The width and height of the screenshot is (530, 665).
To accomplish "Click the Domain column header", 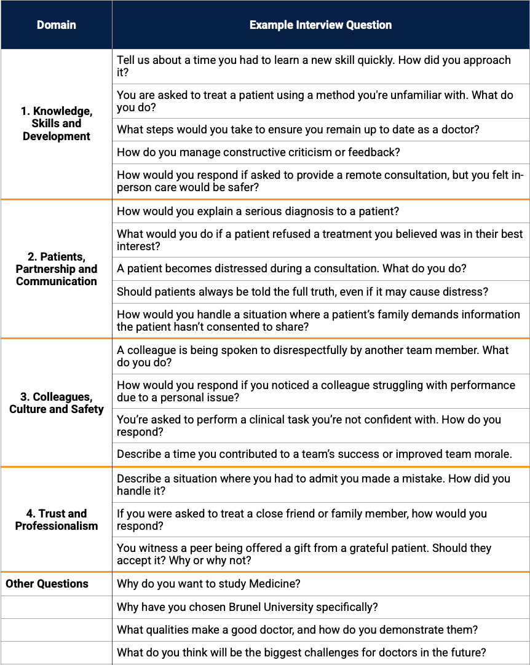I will [x=56, y=25].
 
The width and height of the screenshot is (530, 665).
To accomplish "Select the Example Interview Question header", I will [x=320, y=25].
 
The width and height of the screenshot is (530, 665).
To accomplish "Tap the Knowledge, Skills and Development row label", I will [x=56, y=124].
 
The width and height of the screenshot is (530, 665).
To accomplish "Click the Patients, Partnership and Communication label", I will [x=56, y=269].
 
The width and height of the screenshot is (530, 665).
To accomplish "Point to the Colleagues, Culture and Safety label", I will [x=56, y=403].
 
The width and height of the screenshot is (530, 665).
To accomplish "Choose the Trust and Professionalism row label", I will [x=56, y=519].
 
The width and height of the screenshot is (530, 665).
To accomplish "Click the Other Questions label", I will [x=47, y=584].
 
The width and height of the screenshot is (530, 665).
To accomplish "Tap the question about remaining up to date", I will [x=298, y=130].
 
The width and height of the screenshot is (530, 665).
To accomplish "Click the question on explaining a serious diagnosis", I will [x=258, y=211].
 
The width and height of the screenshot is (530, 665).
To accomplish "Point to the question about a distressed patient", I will [x=291, y=269].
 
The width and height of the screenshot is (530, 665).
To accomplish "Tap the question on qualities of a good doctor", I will [x=297, y=630].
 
